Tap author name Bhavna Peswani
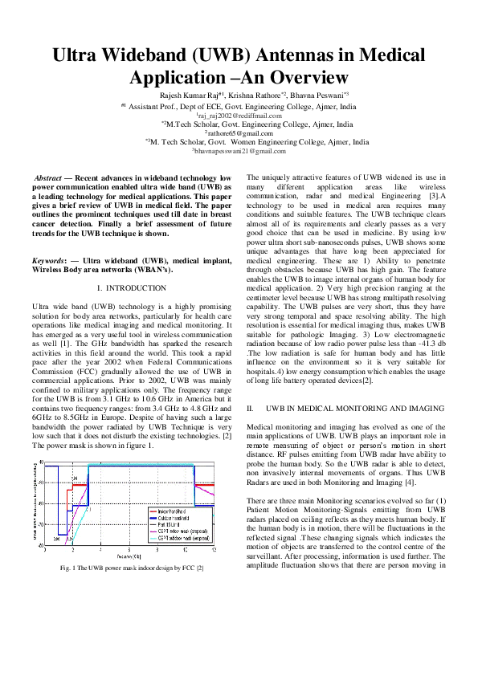(315, 95)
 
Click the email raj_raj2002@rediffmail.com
(239, 115)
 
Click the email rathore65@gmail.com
(239, 132)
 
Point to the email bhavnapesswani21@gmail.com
(239, 150)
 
